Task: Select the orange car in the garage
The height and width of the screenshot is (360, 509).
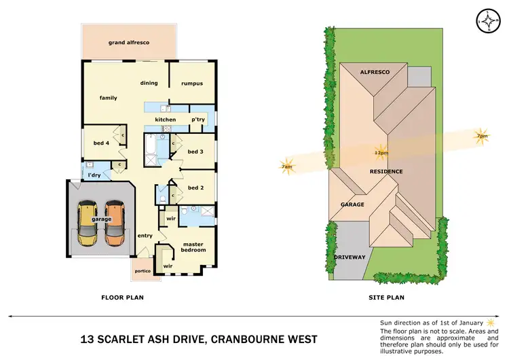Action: pos(115,223)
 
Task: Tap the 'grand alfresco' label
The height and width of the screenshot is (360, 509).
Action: pos(129,43)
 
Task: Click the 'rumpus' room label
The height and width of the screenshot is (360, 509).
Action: pos(192,84)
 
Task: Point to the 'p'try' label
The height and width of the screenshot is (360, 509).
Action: pos(198,120)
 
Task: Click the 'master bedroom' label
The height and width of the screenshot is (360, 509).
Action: pos(193,247)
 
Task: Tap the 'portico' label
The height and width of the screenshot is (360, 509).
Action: pos(143,270)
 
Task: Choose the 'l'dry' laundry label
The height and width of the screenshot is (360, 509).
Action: pos(94,176)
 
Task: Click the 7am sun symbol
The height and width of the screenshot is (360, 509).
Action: pos(287,166)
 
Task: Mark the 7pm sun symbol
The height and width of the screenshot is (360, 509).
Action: pos(482,135)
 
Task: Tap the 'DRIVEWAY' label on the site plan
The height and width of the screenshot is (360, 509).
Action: pos(350,257)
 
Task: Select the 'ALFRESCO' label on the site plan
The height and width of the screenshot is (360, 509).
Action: pos(373,71)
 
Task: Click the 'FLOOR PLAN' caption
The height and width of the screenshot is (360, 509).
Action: pos(122,298)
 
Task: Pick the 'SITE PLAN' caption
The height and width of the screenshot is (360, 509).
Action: pos(385,298)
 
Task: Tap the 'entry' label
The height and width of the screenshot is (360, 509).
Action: pos(145,236)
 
